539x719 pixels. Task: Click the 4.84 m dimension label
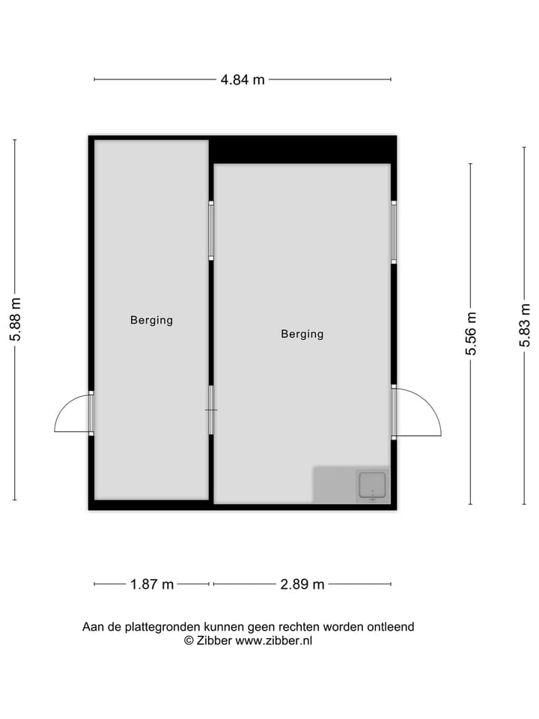[243, 79]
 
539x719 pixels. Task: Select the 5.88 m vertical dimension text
[15, 320]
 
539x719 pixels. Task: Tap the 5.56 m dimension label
[470, 333]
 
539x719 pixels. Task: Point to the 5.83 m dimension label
[525, 324]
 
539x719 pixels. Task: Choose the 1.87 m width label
[152, 584]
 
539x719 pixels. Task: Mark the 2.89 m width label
[302, 584]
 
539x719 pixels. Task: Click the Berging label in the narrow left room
[151, 320]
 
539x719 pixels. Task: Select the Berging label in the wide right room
[302, 334]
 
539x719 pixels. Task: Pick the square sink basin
[372, 485]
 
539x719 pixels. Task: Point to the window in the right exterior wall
[394, 231]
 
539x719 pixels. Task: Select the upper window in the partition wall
[211, 231]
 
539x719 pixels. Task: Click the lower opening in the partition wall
[211, 410]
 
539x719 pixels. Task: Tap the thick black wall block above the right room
[302, 150]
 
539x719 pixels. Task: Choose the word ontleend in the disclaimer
[390, 627]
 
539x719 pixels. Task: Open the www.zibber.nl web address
[274, 640]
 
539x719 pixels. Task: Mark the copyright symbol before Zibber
[189, 640]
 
